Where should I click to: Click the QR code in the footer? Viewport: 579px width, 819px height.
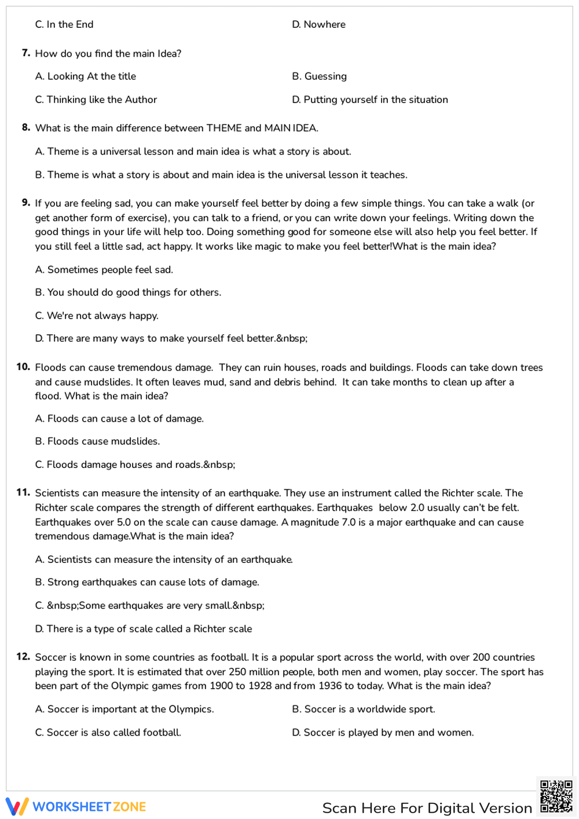[556, 796]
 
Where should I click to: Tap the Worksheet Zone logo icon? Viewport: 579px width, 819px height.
[17, 806]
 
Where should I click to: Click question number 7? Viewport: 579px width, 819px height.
[26, 53]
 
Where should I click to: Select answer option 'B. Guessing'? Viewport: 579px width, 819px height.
[319, 76]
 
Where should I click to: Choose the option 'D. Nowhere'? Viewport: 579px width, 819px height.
[318, 24]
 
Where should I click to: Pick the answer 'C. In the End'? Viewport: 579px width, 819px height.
[64, 24]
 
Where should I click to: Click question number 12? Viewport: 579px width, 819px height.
[23, 657]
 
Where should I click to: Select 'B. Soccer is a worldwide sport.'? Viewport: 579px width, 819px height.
[363, 709]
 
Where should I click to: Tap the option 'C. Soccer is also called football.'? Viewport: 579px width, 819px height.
[108, 732]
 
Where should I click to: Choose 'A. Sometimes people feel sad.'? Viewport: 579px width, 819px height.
[104, 269]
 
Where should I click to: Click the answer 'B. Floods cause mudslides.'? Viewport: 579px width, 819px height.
[97, 441]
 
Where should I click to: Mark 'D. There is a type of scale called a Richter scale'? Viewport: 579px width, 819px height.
[143, 628]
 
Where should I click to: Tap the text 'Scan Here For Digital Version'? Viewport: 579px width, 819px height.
[427, 807]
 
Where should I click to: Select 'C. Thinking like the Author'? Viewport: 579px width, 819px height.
[96, 100]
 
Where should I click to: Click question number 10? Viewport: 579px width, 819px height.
[23, 367]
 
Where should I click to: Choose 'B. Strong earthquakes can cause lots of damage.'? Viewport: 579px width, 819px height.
[147, 582]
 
